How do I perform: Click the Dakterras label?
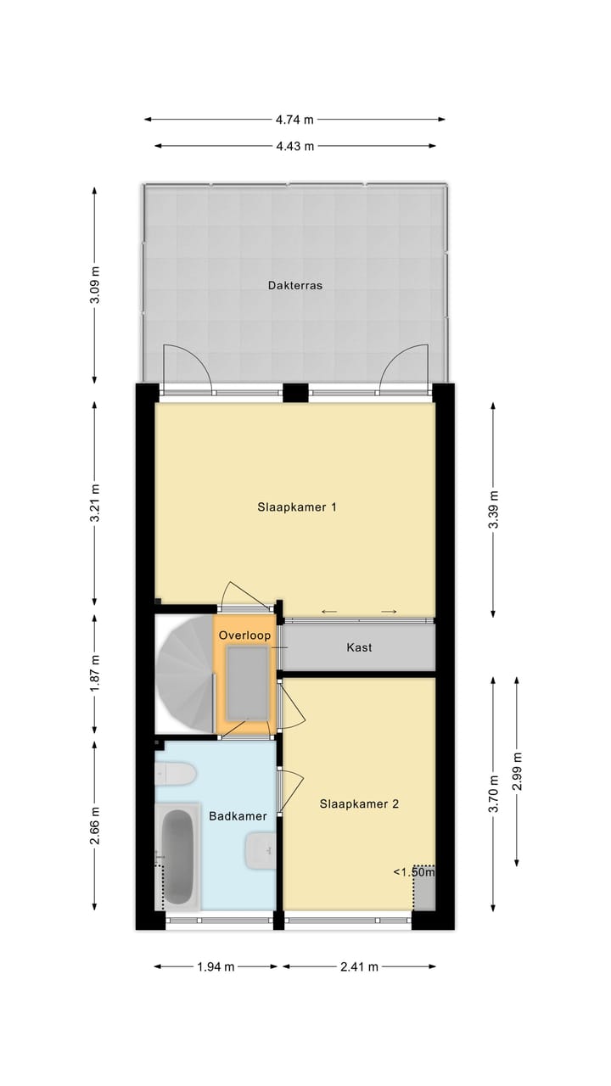point(295,286)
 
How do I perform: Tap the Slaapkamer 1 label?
point(297,507)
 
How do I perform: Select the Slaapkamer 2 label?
point(359,804)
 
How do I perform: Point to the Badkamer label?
point(238,816)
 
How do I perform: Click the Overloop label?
point(244,635)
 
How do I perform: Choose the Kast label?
point(359,647)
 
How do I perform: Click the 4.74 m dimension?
point(294,120)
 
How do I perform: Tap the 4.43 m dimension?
point(294,146)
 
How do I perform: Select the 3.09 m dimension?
point(95,285)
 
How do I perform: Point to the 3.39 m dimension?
point(494,509)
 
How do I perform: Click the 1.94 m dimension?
point(216,966)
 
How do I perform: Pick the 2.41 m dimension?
point(359,966)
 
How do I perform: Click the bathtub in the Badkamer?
point(177,857)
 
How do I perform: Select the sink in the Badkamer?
point(259,850)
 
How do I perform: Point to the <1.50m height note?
point(413,871)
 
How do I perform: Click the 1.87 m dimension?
point(95,671)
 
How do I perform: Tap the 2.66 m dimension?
point(95,826)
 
